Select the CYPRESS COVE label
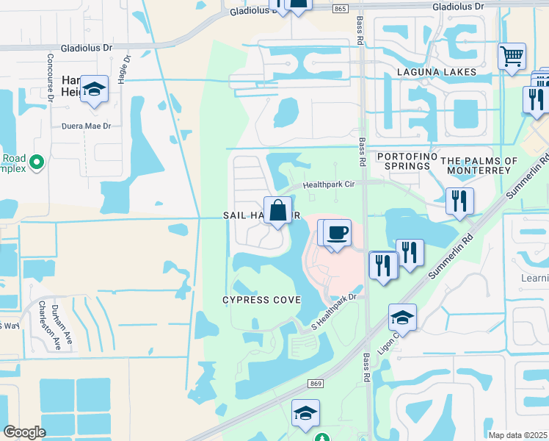pyautogui.click(x=262, y=300)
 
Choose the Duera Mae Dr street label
pyautogui.click(x=86, y=126)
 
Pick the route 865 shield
pyautogui.click(x=339, y=9)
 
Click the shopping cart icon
pyautogui.click(x=512, y=55)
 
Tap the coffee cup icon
pyautogui.click(x=337, y=233)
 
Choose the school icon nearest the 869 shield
pyautogui.click(x=305, y=413)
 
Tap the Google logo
pyautogui.click(x=24, y=432)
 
